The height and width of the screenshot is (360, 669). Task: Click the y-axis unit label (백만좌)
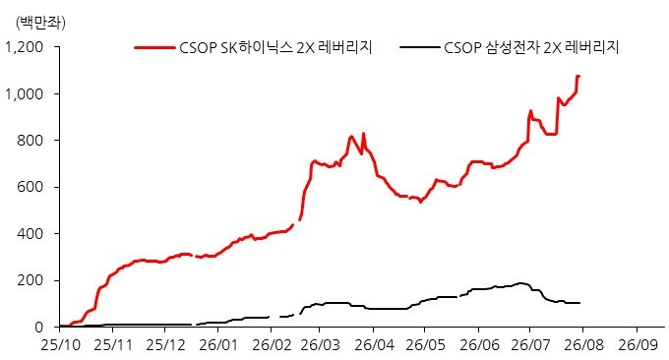pos(40,23)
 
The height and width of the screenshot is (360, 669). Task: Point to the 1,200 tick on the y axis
pos(25,47)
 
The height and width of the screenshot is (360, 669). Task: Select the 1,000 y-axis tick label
pos(25,93)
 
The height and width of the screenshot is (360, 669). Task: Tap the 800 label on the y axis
pos(30,141)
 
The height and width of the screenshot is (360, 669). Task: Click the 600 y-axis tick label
pos(30,187)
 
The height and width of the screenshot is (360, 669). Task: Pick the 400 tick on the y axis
pos(30,234)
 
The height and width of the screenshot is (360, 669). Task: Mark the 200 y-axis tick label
pos(30,280)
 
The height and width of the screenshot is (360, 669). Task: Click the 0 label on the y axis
pos(39,328)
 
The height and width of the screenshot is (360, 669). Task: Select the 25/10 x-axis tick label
pos(60,344)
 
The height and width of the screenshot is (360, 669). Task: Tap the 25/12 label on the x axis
pos(165,344)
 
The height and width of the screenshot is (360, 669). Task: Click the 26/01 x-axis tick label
pos(218,344)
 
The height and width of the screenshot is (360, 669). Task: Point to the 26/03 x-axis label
pos(320,344)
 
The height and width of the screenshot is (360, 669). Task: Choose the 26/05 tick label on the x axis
pos(425,344)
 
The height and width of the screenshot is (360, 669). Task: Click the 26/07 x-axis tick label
pos(530,344)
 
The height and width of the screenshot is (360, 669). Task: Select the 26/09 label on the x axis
pos(639,344)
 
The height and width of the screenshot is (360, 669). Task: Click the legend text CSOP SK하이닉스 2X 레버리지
pos(275,47)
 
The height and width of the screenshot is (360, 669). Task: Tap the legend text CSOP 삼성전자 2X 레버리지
pos(531,47)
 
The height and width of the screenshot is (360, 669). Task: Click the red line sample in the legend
pos(154,47)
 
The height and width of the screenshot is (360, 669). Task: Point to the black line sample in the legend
pos(419,47)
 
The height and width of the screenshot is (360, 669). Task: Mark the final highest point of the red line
pos(578,76)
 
